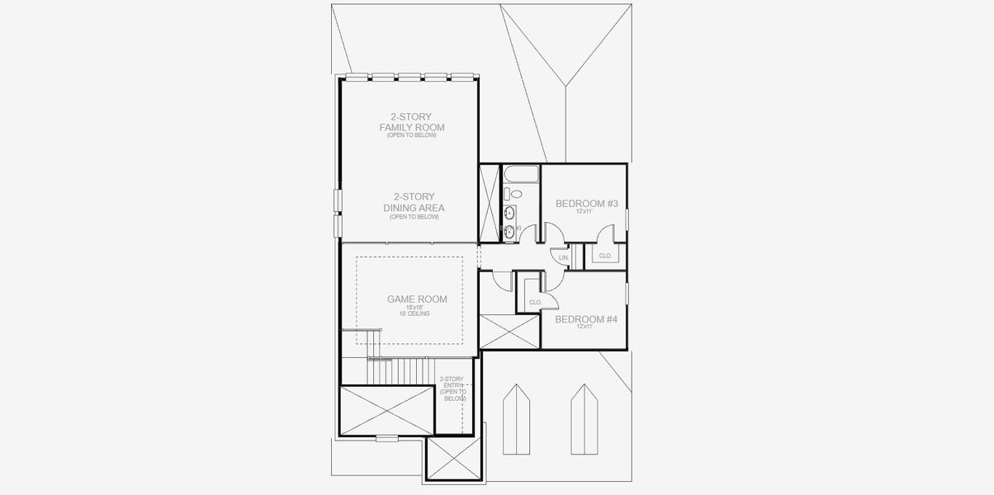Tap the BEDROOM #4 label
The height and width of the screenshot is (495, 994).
point(585,318)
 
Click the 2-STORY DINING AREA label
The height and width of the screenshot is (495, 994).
point(414,202)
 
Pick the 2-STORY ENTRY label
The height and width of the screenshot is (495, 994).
point(452,389)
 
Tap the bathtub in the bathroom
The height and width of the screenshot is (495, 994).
point(520,174)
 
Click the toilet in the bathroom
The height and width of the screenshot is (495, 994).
point(515,194)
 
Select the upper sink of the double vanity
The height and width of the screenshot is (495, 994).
point(510,213)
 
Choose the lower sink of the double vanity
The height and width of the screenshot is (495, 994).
point(510,231)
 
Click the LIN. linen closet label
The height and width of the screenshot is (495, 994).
point(564,258)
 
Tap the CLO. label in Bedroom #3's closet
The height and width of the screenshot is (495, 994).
point(605,256)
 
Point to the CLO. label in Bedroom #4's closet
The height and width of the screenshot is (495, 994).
point(535,303)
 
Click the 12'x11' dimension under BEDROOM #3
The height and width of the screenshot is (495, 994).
point(586,212)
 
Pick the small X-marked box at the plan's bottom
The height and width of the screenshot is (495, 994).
point(453,459)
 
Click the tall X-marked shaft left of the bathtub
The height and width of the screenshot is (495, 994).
point(490,203)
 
